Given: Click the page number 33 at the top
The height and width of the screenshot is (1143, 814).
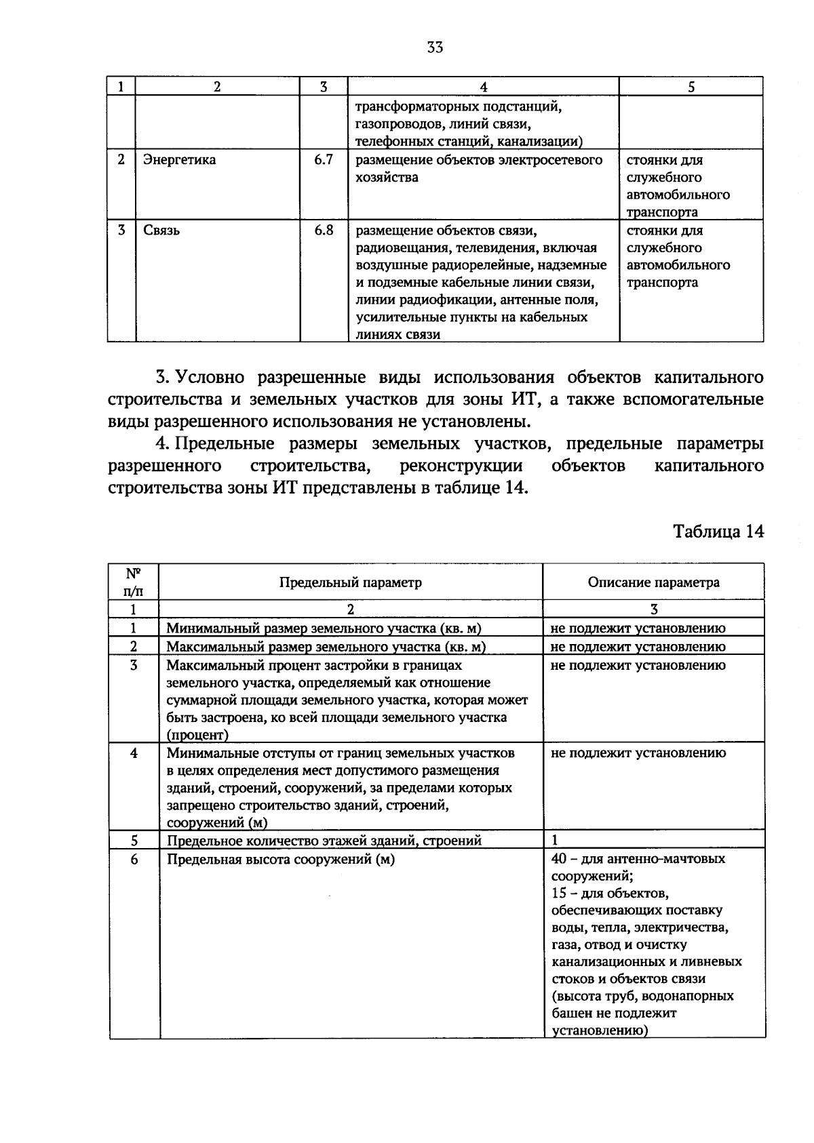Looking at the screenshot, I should point(435,47).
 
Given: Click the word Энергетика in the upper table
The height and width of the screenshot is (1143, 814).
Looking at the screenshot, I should point(180,160).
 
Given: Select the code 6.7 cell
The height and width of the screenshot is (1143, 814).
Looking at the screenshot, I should point(324,160).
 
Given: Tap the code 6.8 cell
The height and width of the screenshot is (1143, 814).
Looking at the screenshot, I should point(324,230).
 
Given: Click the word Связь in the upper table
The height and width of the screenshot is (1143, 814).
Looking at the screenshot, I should point(161,230).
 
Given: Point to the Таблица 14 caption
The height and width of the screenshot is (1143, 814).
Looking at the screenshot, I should point(718,532).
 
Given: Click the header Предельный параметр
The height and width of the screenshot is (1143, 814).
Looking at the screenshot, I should point(351,582).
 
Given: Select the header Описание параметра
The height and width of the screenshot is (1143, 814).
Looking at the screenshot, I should point(653,582).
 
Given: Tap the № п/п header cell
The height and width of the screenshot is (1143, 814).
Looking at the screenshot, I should point(134,582).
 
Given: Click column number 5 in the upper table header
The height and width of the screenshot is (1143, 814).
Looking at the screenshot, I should point(691,87).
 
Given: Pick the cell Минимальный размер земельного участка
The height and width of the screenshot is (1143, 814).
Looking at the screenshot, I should point(328,628).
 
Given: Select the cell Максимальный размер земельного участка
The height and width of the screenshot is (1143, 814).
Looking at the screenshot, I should point(326,647).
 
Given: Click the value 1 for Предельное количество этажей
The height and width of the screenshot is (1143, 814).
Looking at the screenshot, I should point(555,841).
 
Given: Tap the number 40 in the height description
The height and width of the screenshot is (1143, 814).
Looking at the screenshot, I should point(559,859).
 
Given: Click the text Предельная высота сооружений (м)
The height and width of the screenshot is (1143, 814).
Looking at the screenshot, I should point(281,859).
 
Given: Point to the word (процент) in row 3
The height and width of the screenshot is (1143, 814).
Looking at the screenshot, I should point(197,735).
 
